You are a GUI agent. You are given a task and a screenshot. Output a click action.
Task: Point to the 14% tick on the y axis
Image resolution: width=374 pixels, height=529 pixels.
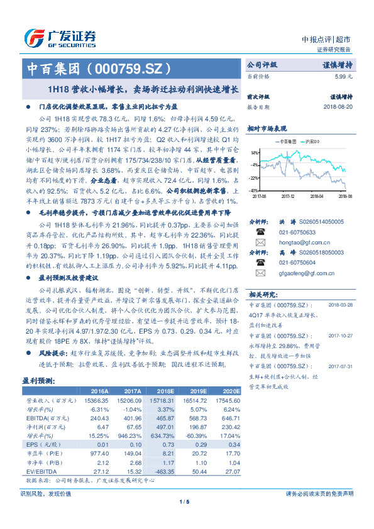[253, 152]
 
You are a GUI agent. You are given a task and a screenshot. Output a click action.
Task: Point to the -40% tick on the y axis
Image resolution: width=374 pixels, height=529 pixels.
[253, 190]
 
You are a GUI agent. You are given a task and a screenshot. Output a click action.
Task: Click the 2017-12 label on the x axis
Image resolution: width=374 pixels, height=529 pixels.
[288, 195]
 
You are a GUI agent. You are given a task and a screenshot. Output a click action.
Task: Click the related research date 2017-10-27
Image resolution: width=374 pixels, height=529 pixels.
[342, 335]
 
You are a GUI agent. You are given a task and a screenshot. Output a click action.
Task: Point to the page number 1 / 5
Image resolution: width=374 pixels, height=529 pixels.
[184, 501]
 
